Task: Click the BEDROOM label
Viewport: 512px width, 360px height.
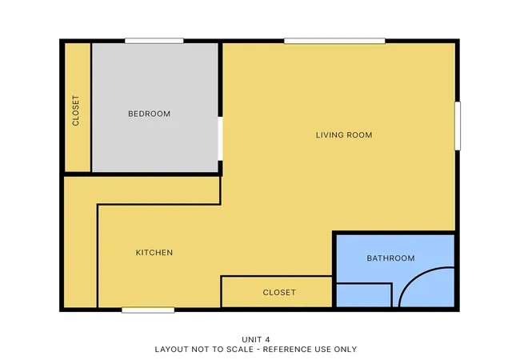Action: click(x=150, y=114)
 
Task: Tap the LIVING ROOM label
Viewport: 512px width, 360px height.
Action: click(x=344, y=135)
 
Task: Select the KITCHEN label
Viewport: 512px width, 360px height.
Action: click(x=154, y=253)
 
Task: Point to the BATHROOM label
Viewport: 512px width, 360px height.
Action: click(x=390, y=258)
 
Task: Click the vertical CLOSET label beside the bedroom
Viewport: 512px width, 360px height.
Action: click(x=76, y=110)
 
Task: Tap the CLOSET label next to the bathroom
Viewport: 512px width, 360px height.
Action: click(x=279, y=292)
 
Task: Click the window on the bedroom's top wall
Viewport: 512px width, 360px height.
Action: click(x=154, y=41)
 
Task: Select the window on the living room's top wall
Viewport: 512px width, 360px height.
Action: click(x=334, y=41)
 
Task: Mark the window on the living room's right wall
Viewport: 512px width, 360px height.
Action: click(x=458, y=126)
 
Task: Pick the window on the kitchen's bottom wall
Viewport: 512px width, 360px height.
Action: click(x=148, y=310)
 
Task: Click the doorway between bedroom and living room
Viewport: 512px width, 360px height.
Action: click(x=221, y=138)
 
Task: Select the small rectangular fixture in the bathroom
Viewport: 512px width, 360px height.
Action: click(x=364, y=295)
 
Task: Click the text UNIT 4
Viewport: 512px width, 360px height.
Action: click(x=256, y=339)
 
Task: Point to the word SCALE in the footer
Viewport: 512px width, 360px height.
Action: click(x=242, y=350)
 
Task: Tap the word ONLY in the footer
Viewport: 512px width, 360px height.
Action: click(x=346, y=350)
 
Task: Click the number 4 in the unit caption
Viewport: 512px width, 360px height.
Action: click(x=268, y=339)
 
